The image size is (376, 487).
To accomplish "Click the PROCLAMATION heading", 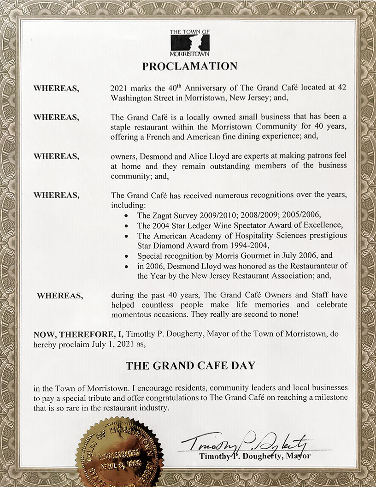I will tap(190, 66).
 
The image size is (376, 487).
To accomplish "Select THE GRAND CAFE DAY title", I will tap(191, 366).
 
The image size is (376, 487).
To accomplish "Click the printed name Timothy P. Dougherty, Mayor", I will tap(255, 456).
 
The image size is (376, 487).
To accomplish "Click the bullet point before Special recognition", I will tap(127, 256).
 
